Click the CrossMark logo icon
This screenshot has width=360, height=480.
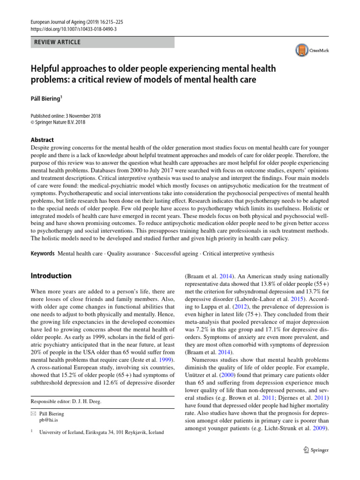tap(300, 50)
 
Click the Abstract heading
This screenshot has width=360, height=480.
tap(42, 140)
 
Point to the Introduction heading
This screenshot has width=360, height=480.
tap(51, 276)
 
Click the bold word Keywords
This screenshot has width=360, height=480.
tap(43, 254)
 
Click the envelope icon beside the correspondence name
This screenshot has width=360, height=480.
tap(33, 414)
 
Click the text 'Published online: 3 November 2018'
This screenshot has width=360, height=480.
tap(66, 116)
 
